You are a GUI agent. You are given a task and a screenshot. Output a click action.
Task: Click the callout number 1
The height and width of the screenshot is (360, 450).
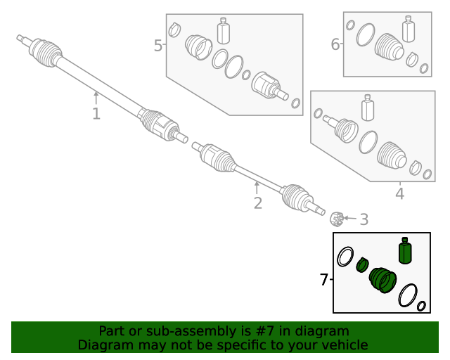click(96, 114)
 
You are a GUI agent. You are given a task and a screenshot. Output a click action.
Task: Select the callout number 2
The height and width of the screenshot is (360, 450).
click(257, 204)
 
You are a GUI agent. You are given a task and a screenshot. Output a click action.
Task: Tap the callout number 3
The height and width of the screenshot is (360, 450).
click(364, 220)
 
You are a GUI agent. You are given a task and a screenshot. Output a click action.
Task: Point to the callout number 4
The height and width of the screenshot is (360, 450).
click(399, 193)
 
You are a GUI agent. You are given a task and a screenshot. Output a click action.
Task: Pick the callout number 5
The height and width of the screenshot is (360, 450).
click(157, 46)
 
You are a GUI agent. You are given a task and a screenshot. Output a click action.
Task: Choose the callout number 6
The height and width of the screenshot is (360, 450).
click(335, 45)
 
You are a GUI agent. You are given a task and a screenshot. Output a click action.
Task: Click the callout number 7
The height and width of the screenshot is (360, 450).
click(323, 280)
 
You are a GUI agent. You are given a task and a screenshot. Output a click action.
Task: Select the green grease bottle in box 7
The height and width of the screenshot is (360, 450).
click(404, 251)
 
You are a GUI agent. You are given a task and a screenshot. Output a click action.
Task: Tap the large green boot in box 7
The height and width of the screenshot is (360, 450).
click(384, 281)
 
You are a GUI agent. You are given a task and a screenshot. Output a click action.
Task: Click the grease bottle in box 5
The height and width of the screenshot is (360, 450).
click(224, 31)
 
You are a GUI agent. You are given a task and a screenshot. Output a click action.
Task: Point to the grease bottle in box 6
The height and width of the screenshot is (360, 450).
click(409, 30)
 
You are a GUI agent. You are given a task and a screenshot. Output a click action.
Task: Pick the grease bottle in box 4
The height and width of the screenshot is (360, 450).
click(366, 108)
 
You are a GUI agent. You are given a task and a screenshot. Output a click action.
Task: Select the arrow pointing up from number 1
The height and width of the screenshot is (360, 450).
click(96, 97)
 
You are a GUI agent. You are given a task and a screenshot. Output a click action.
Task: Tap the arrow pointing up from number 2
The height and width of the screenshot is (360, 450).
click(257, 187)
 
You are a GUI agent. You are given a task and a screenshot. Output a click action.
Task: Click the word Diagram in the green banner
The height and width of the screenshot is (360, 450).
click(103, 345)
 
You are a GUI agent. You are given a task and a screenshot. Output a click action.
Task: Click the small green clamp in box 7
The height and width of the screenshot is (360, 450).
click(362, 264)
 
